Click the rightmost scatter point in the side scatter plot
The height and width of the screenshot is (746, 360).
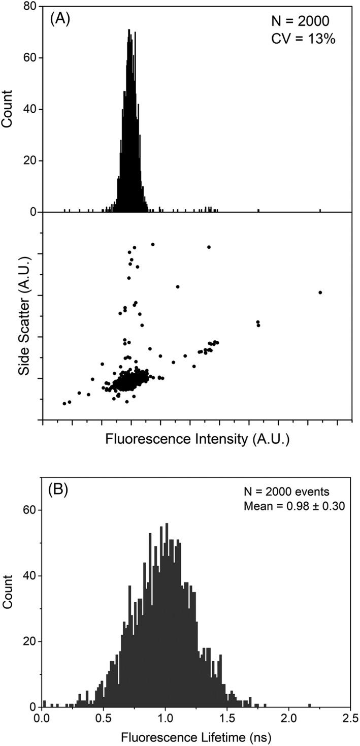tap(320, 292)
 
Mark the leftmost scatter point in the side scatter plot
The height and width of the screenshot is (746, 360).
tap(64, 404)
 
